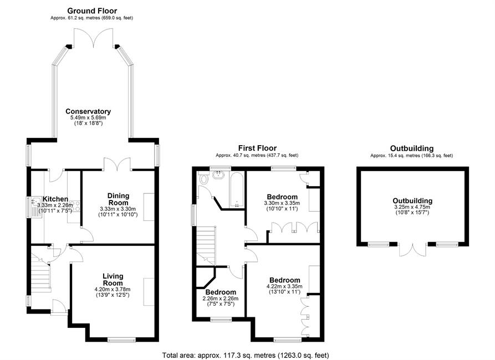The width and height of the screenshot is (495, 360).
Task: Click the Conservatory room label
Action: (x=88, y=111)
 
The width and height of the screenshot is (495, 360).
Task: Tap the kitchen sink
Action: (x=34, y=203)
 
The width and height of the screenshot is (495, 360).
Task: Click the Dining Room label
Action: (x=119, y=199)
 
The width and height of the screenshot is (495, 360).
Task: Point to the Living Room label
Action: (x=113, y=280)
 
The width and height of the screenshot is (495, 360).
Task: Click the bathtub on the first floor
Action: (x=237, y=190)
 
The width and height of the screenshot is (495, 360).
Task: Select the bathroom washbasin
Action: (x=218, y=175)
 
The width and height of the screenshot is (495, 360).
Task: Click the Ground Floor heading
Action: (x=92, y=11)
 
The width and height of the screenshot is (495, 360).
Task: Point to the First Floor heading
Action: (x=257, y=148)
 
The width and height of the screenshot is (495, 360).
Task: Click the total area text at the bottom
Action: (x=246, y=355)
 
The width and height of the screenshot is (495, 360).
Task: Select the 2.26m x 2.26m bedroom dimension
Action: (x=221, y=299)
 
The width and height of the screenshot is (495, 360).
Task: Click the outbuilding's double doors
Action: (x=412, y=249)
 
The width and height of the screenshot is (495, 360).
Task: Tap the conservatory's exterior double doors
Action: (x=93, y=38)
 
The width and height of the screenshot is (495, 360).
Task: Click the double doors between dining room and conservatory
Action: (x=118, y=164)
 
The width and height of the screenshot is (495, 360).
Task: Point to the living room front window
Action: (x=121, y=340)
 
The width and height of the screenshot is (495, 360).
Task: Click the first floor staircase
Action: (x=206, y=246)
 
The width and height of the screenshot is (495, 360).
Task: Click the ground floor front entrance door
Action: (x=59, y=306)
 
